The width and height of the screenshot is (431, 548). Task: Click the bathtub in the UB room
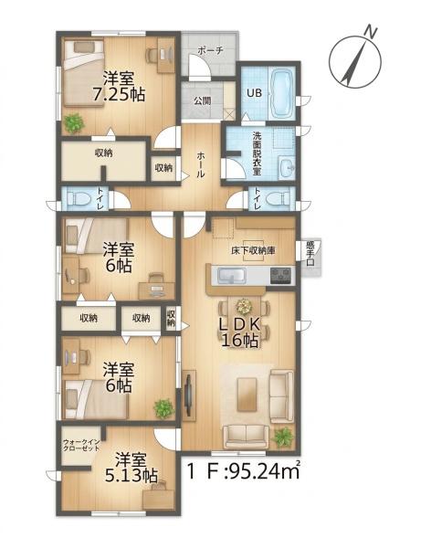(x=282, y=93)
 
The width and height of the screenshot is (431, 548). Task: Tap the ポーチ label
(x=210, y=50)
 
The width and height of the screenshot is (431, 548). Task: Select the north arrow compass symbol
(x=356, y=58)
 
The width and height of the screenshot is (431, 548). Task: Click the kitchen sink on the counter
(x=232, y=276)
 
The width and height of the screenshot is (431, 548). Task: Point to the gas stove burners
(x=280, y=275)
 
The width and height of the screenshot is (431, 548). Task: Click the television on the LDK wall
(x=188, y=395)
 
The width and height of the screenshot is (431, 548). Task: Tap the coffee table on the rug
(x=247, y=395)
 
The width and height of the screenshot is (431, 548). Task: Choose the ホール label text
(x=200, y=165)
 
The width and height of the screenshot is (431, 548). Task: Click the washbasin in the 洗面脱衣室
(x=288, y=168)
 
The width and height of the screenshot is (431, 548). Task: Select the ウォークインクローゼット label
(x=81, y=446)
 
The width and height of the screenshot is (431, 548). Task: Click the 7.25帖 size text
(x=119, y=94)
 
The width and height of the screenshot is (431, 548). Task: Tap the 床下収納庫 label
(x=253, y=250)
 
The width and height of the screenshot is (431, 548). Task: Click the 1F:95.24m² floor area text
(x=243, y=471)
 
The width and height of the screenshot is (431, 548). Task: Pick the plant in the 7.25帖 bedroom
(x=74, y=123)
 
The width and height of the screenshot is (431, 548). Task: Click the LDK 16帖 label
(x=240, y=332)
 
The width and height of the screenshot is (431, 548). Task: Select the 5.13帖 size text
(x=131, y=476)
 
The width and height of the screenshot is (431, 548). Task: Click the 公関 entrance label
(x=203, y=101)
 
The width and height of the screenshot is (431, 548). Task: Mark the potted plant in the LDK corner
(x=282, y=437)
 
